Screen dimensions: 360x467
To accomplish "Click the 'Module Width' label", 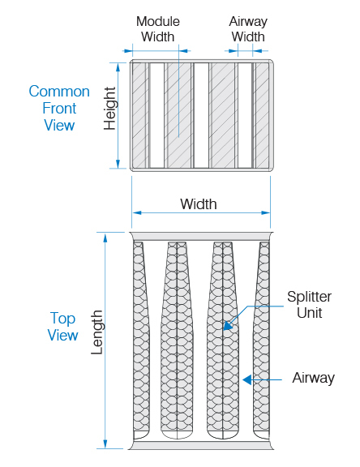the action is (158, 29).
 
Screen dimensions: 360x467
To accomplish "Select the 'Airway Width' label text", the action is (248, 29).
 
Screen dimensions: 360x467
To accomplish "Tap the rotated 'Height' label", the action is (109, 109).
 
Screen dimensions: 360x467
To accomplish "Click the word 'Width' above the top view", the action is (199, 204).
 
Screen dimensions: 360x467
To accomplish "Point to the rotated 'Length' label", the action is (96, 332).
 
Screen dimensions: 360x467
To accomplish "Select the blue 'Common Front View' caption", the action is (59, 108).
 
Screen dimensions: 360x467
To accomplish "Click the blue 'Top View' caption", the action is (62, 327).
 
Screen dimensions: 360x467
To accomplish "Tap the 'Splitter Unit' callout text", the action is (310, 304).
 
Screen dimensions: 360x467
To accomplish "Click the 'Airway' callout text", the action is (314, 378).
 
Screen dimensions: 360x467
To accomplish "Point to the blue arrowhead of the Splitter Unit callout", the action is (228, 326).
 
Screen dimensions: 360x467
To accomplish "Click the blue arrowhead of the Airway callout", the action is (246, 379).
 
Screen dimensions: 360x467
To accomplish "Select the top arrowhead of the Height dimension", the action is (118, 67).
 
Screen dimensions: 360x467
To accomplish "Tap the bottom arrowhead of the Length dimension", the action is (105, 443).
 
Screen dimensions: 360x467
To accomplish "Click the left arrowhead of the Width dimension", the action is (137, 212).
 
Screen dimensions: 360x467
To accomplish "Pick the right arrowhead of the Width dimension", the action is (266, 212).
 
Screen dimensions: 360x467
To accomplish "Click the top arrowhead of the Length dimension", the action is (105, 238).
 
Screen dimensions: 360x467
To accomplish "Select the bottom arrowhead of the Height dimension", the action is (118, 164).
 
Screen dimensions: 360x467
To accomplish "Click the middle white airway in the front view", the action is (202, 116).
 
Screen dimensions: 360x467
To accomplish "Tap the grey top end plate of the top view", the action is (201, 237).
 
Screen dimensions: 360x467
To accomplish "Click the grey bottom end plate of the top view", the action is (201, 445).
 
